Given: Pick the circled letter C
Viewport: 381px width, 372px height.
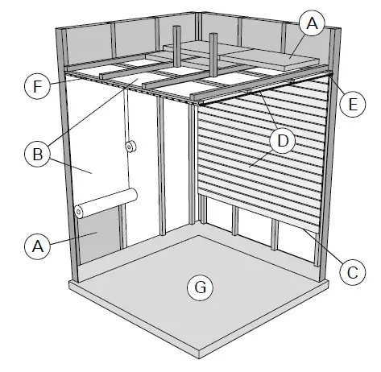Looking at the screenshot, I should pos(348,272).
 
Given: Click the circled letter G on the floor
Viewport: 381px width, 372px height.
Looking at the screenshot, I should pos(198,285).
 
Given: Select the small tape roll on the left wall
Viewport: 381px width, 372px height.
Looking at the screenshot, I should pos(129,147).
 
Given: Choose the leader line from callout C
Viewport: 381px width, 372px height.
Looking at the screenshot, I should pos(323,250).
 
